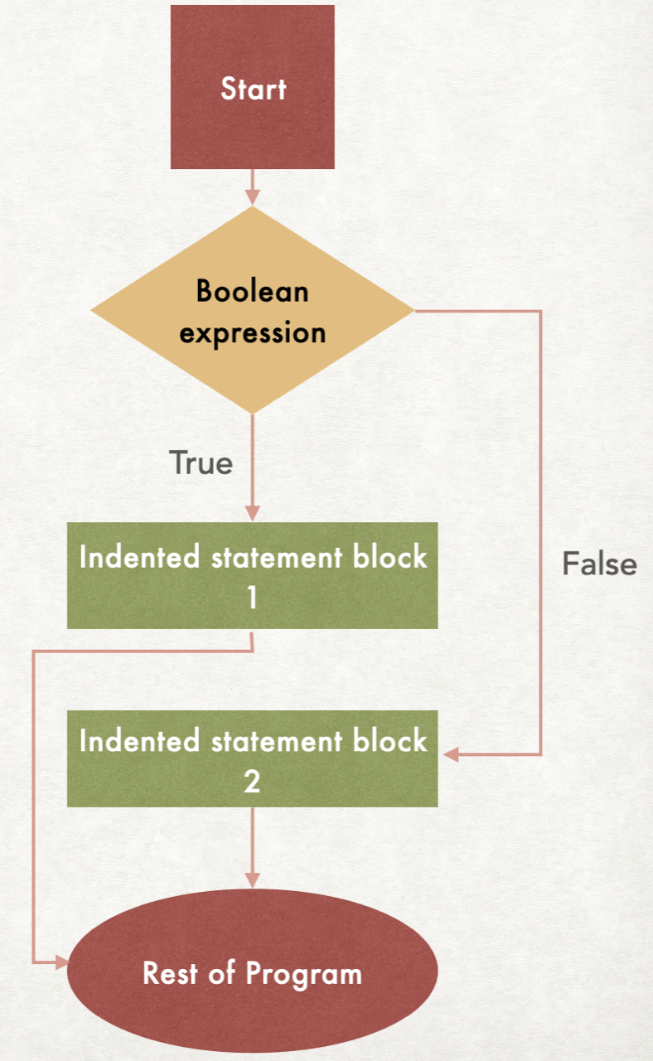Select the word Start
coord(253,89)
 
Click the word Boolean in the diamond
coord(252,291)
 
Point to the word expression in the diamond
coord(252,333)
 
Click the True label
coord(201,463)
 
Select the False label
coord(599,564)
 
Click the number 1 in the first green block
coord(252,598)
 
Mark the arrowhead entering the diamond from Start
coord(252,197)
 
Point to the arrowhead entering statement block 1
coord(252,514)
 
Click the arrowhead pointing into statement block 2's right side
coord(449,754)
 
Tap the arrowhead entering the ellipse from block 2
coord(252,879)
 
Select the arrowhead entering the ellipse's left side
coord(60,962)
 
